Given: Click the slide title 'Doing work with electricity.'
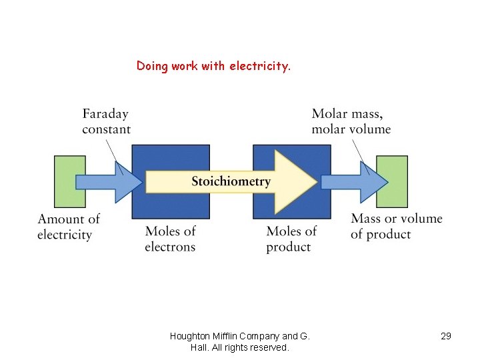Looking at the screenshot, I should pyautogui.click(x=213, y=66).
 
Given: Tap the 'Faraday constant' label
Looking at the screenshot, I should pyautogui.click(x=106, y=122).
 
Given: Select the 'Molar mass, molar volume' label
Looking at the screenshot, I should pyautogui.click(x=351, y=122).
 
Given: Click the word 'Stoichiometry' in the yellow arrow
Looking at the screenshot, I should pyautogui.click(x=231, y=181).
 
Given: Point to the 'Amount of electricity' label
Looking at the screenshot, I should pyautogui.click(x=68, y=227).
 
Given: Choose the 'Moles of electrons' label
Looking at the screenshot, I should pyautogui.click(x=170, y=239).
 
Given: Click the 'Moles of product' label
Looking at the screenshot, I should pyautogui.click(x=291, y=239).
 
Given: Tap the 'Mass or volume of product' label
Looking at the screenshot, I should pyautogui.click(x=396, y=226).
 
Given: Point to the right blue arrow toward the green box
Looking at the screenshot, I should pyautogui.click(x=352, y=182).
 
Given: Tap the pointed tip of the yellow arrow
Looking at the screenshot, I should pyautogui.click(x=315, y=181).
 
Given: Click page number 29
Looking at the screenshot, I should pyautogui.click(x=446, y=336).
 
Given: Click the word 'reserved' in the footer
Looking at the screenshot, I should pyautogui.click(x=270, y=347).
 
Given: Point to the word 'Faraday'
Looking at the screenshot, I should pyautogui.click(x=105, y=115).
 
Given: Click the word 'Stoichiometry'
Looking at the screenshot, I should pyautogui.click(x=231, y=181).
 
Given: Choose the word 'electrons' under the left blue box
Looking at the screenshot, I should pyautogui.click(x=170, y=247).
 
